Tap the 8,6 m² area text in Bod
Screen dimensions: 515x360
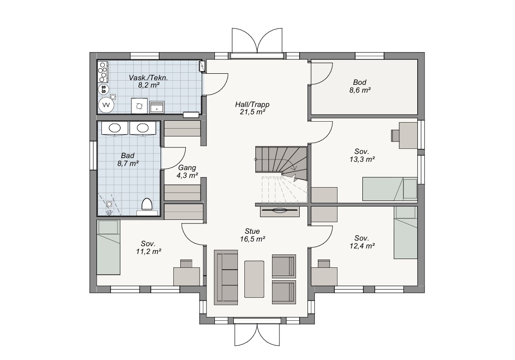pyautogui.click(x=360, y=90)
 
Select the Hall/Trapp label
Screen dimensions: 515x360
pyautogui.click(x=252, y=105)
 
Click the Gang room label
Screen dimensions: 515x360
pyautogui.click(x=187, y=167)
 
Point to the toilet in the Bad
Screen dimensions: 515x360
pyautogui.click(x=147, y=205)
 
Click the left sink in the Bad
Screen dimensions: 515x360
pyautogui.click(x=114, y=128)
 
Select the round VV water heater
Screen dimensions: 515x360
pyautogui.click(x=106, y=105)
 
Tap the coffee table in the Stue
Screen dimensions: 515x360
pyautogui.click(x=254, y=279)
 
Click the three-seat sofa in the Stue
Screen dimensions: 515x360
pyautogui.click(x=226, y=277)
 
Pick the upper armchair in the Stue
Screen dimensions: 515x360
pyautogui.click(x=284, y=266)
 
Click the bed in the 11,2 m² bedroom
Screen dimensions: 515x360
pyautogui.click(x=108, y=247)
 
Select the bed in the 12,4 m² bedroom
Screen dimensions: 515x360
pyautogui.click(x=406, y=232)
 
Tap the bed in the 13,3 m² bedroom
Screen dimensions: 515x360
pyautogui.click(x=390, y=189)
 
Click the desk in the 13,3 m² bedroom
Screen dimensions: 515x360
pyautogui.click(x=408, y=136)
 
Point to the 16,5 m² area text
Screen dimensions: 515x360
pyautogui.click(x=252, y=239)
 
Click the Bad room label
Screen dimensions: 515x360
pyautogui.click(x=128, y=156)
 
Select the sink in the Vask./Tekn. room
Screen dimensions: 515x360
pyautogui.click(x=157, y=107)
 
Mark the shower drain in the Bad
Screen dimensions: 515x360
pyautogui.click(x=109, y=204)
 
